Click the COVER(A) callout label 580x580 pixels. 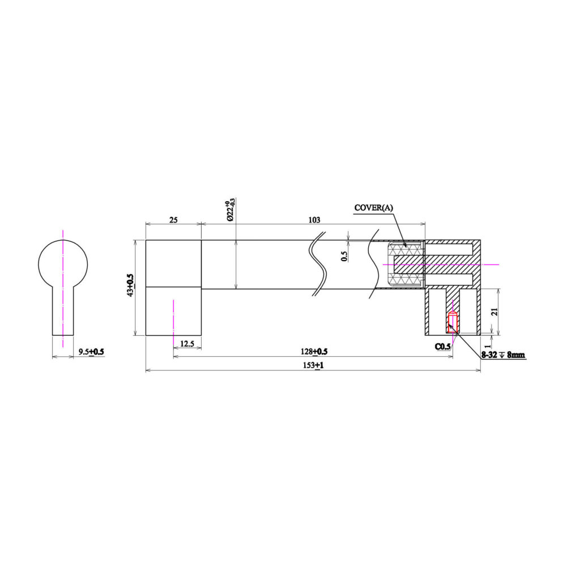(x=374, y=207)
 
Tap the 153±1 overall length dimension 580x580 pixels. (x=314, y=365)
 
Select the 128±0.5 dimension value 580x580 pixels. (x=314, y=351)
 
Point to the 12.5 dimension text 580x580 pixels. (x=187, y=344)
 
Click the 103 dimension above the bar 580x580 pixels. (x=314, y=220)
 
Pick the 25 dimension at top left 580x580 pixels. (x=173, y=220)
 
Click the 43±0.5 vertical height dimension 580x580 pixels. (x=130, y=286)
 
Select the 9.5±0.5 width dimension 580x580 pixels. (x=91, y=351)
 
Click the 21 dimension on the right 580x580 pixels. (x=495, y=312)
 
